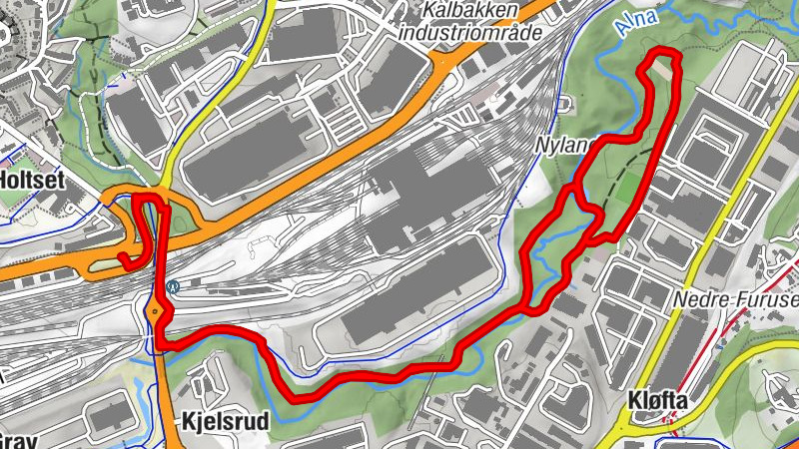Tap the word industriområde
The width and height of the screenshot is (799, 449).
tap(469, 32)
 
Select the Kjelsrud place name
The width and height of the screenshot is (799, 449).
tap(227, 422)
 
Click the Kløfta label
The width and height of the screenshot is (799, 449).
tap(657, 400)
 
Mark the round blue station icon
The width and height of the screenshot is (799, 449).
tap(174, 286)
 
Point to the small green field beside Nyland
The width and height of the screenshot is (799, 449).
tap(625, 190)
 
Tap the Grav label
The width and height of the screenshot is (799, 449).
tap(18, 440)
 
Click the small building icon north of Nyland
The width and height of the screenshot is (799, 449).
tap(565, 103)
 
